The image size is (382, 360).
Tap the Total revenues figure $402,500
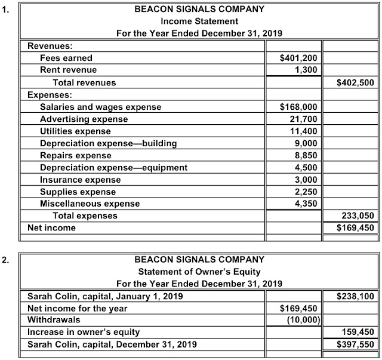[x=355, y=82]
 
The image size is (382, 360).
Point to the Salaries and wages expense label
[x=100, y=107]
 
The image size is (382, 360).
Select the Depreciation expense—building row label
[x=108, y=143]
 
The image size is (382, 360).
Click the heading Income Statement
[x=199, y=21]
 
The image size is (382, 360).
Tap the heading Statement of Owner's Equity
[x=199, y=271]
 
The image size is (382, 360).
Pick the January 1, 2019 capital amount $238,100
[x=355, y=296]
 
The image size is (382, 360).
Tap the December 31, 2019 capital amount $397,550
[x=355, y=344]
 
